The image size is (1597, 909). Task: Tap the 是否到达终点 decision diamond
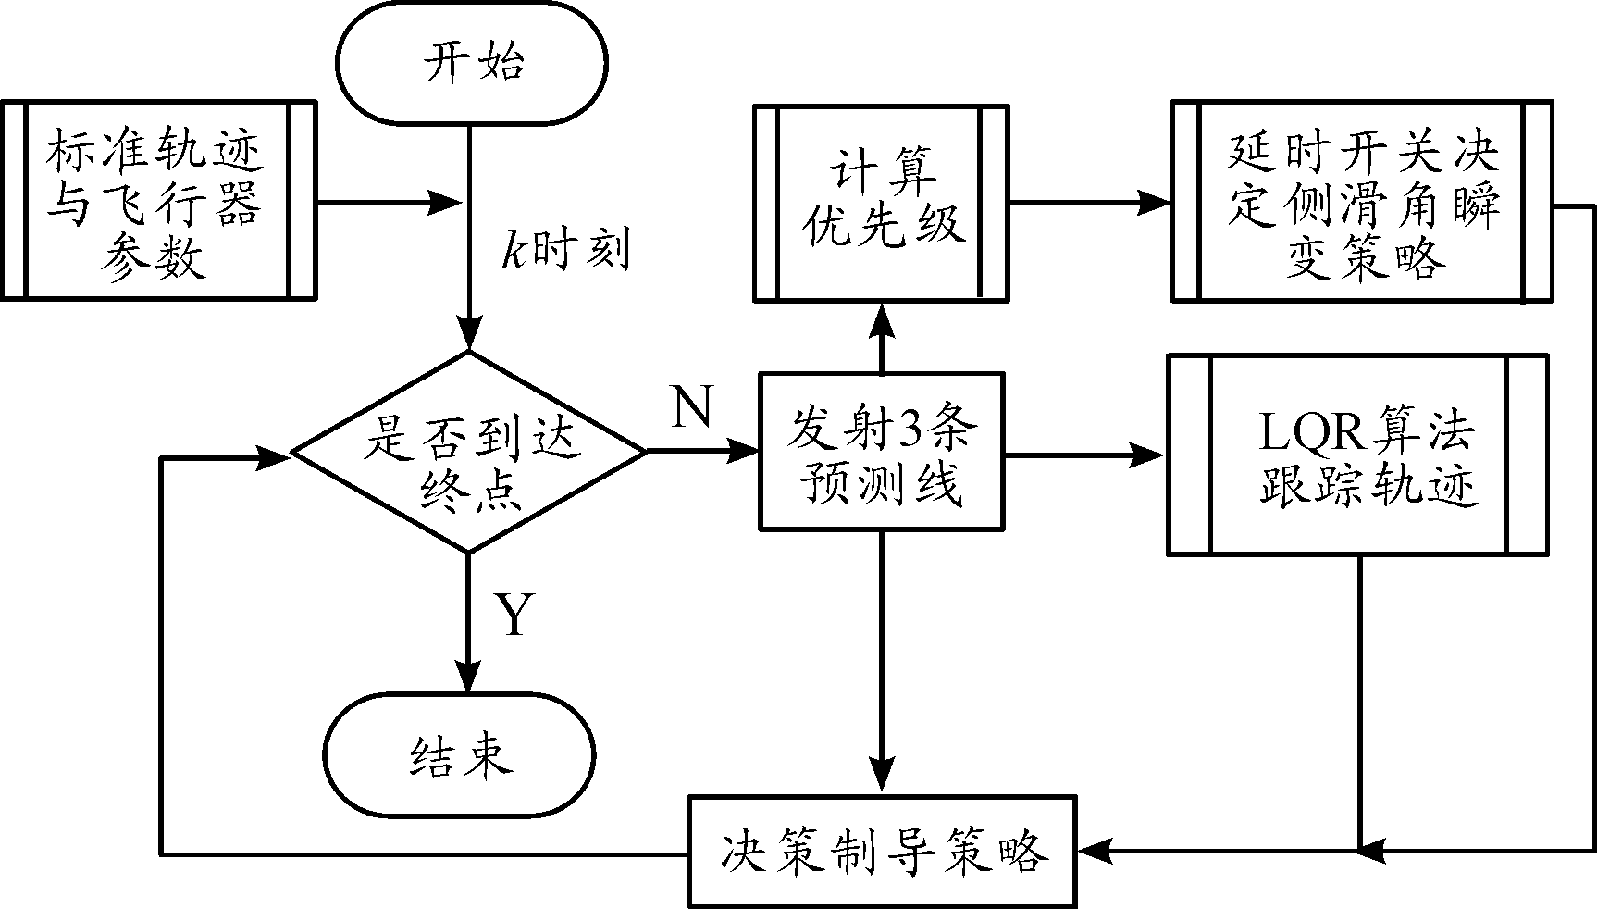[469, 453]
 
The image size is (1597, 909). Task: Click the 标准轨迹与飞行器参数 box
[158, 201]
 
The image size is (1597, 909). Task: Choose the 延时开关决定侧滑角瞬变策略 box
[1361, 202]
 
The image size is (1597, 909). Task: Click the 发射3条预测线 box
[881, 452]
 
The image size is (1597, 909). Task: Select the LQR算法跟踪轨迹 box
[1358, 454]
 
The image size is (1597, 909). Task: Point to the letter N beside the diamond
[692, 407]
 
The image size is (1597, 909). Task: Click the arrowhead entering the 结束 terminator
[469, 676]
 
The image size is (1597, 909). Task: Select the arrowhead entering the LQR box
[1148, 454]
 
